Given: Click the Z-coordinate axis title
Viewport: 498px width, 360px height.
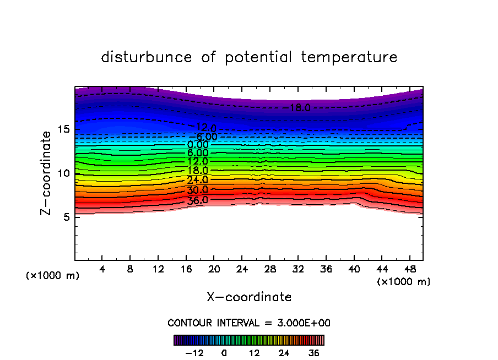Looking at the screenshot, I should click(x=47, y=173).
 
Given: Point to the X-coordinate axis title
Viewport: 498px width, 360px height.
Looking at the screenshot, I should click(x=249, y=297).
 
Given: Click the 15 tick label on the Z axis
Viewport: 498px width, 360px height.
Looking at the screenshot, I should click(x=63, y=129).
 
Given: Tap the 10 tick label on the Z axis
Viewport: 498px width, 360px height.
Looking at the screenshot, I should click(x=63, y=173).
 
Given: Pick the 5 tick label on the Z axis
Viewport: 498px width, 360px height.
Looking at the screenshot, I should click(x=66, y=217).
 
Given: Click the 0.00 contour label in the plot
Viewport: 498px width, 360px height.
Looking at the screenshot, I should click(x=198, y=145).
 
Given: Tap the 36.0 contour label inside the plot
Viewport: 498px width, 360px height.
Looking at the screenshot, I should click(x=198, y=200).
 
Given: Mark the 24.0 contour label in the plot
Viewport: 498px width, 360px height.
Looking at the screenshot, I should click(x=198, y=180).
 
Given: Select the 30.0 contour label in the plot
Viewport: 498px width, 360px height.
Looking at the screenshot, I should click(x=198, y=190).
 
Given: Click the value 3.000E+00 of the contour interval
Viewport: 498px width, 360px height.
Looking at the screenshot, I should click(x=301, y=323).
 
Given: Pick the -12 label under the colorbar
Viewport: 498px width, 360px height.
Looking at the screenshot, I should click(x=194, y=353).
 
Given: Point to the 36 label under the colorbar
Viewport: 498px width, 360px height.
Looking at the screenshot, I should click(x=313, y=353).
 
